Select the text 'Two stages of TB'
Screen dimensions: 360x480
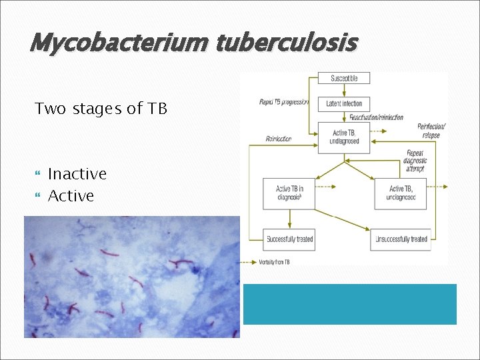[101, 109]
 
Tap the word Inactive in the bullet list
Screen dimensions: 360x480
[77, 174]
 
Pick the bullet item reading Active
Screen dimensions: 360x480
[71, 196]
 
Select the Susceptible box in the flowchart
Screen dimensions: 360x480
[344, 78]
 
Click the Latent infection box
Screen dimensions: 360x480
[344, 104]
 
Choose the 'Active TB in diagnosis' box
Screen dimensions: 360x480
[288, 193]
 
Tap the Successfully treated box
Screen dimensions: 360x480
[289, 239]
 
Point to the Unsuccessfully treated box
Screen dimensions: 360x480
[401, 239]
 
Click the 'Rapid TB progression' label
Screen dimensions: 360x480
[283, 102]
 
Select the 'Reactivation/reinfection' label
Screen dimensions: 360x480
[377, 117]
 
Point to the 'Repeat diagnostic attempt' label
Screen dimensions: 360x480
[416, 161]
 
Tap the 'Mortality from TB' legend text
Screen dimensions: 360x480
[273, 262]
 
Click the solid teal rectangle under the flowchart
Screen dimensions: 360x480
[349, 304]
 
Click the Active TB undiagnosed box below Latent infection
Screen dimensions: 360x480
[344, 137]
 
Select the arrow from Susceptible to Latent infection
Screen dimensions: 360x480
[344, 91]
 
